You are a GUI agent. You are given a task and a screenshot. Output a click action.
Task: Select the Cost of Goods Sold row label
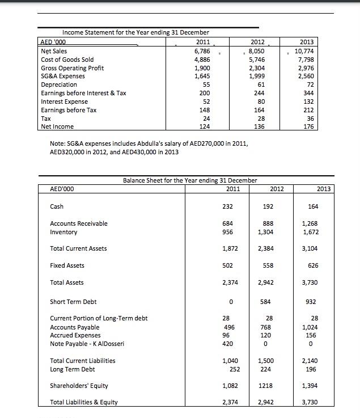67,59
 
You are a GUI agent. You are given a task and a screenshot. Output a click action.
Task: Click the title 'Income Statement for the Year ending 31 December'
135,32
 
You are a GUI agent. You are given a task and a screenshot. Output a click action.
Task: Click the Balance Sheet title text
190,180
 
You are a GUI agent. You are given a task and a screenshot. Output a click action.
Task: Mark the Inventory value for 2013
310,232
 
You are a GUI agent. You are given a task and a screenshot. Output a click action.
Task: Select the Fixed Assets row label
67,265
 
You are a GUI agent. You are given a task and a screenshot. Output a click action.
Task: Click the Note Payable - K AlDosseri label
87,344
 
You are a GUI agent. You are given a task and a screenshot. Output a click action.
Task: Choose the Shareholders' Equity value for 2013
310,386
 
